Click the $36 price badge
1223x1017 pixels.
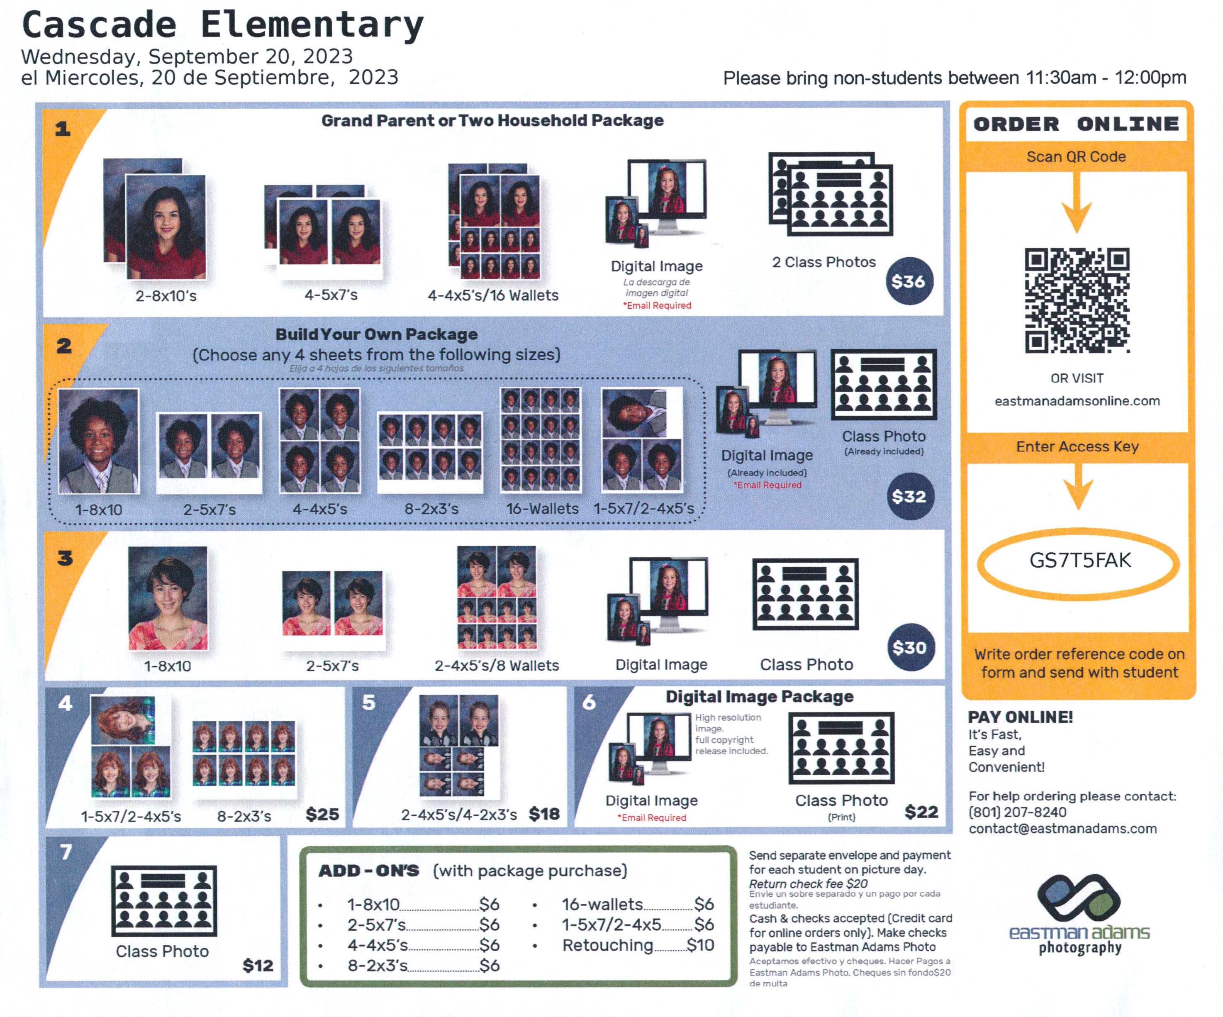[x=909, y=281]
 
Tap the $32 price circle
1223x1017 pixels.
[x=910, y=496]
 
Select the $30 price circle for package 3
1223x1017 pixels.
[x=910, y=648]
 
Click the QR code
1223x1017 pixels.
[x=1077, y=300]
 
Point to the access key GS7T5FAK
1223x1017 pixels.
[x=1080, y=560]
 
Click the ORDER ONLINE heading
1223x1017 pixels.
[x=1076, y=124]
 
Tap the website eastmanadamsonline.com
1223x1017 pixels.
[x=1077, y=401]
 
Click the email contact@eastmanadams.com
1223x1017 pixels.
[x=1063, y=828]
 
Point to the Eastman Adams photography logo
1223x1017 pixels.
[x=1079, y=915]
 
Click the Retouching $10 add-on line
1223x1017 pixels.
[x=638, y=945]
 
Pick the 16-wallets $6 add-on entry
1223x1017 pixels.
[x=638, y=904]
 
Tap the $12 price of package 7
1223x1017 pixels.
[x=257, y=965]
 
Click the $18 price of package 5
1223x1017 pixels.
[x=544, y=814]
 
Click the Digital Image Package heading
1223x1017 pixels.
[x=760, y=697]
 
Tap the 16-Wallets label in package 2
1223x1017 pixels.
[x=542, y=509]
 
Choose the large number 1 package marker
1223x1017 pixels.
[x=63, y=128]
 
